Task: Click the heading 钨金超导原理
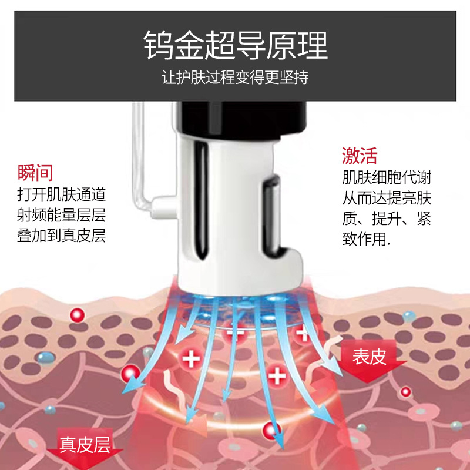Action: click(235, 46)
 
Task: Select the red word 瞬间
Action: click(36, 173)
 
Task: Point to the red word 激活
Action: click(360, 155)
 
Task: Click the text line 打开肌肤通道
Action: click(62, 194)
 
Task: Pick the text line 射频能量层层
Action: click(62, 215)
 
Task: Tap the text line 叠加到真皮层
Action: click(62, 236)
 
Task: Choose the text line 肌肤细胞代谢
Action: click(387, 177)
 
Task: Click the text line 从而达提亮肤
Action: click(387, 198)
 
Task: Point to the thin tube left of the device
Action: click(136, 159)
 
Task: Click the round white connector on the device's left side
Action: click(160, 206)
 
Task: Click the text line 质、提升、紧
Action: click(387, 219)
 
